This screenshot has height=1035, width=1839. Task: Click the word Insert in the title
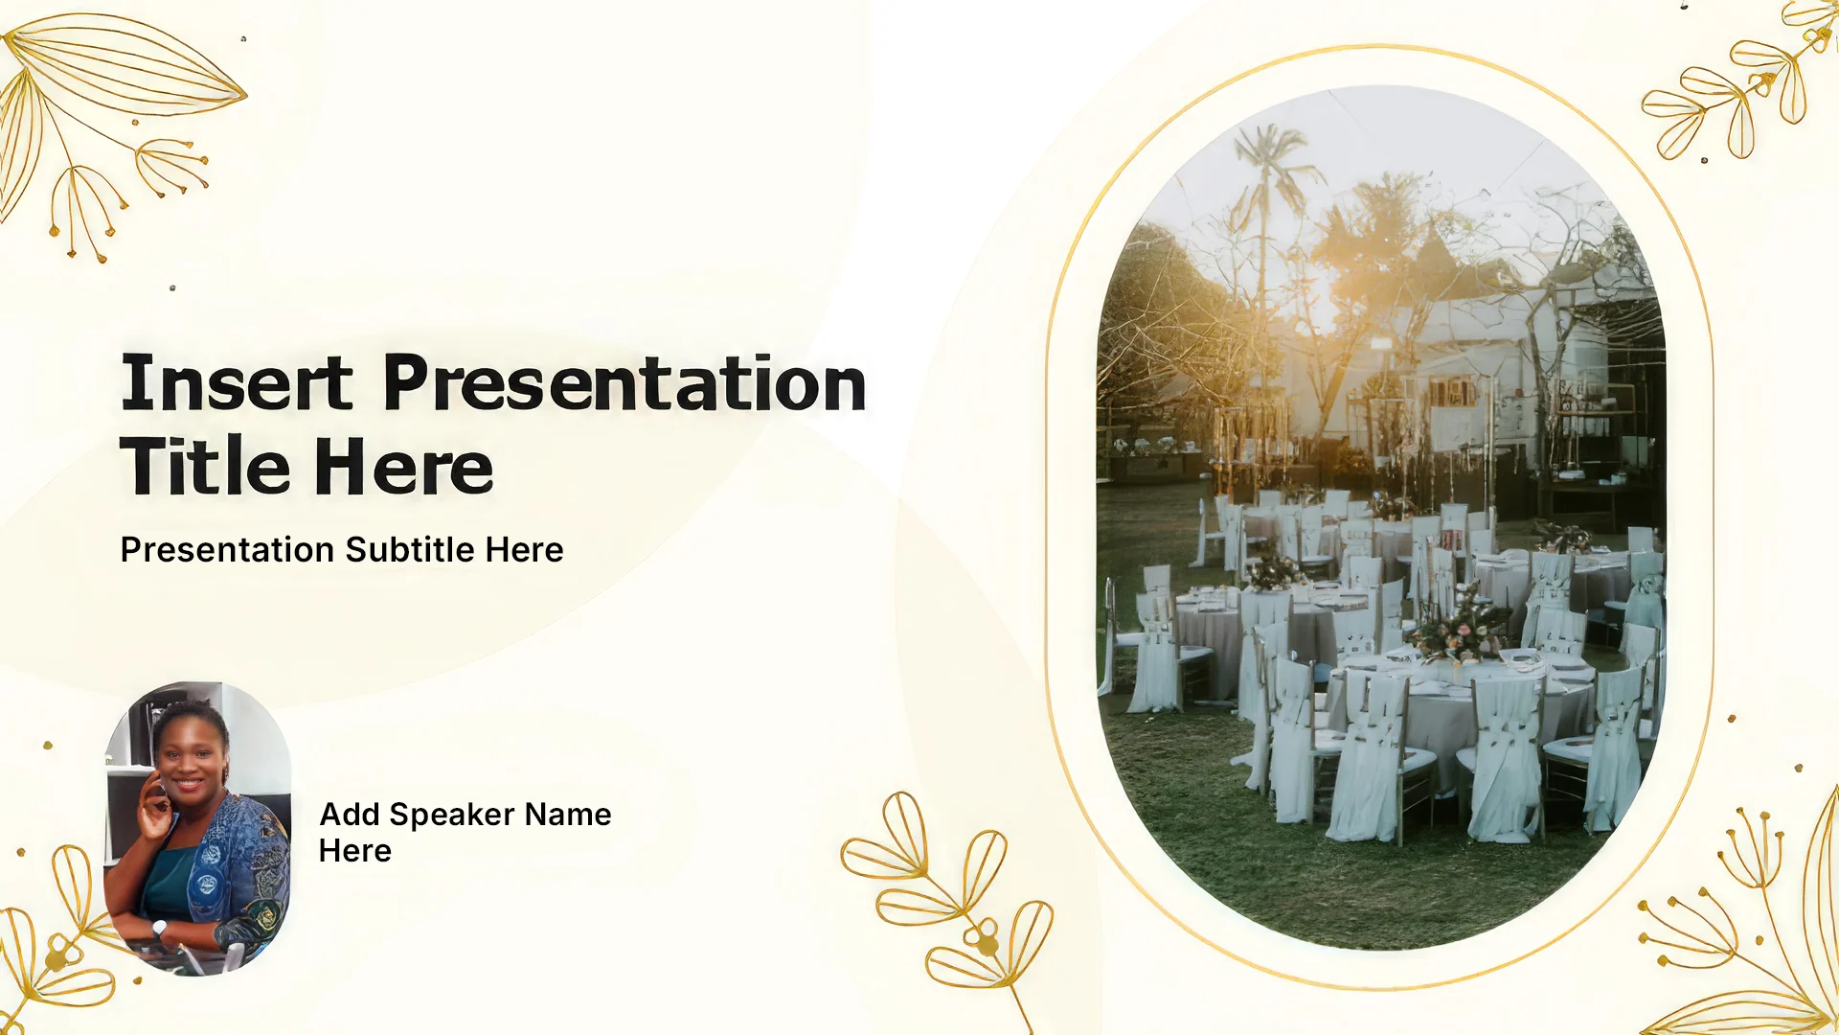pos(237,382)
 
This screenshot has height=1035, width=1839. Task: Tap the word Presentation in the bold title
pos(624,382)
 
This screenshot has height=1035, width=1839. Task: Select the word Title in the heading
pos(205,466)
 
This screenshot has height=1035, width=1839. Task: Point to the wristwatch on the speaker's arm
pos(159,928)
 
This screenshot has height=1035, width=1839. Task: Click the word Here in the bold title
pos(403,467)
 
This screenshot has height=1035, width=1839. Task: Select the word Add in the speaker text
pos(350,815)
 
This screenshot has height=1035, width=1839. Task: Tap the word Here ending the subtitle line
pos(524,550)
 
